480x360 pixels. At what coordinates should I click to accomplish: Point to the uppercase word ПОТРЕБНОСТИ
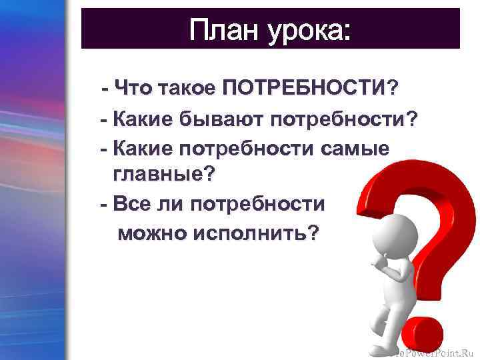tap(304, 87)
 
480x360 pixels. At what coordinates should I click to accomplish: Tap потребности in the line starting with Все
tap(257, 204)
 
